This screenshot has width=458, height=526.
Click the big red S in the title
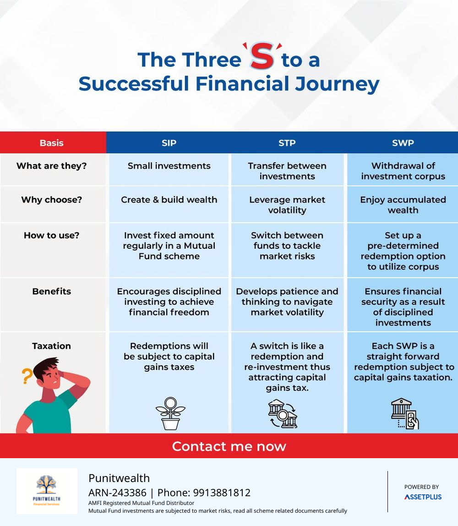pos(262,56)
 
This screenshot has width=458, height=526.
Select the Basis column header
pos(52,143)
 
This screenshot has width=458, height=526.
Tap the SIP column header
pos(169,143)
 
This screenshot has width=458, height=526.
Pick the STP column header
pos(287,143)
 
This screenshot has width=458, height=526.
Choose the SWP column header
pos(403,143)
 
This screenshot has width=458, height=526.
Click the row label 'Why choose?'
pos(52,200)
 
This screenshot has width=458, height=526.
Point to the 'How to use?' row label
pos(52,235)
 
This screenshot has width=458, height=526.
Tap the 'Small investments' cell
pos(169,166)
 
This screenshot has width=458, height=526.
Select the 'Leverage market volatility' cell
pos(287,205)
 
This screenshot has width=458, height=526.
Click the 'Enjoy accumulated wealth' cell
pos(403,205)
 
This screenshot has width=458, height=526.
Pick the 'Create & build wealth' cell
pos(169,200)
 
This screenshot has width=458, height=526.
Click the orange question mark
pos(27,376)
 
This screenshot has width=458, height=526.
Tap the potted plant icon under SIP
pos(170,413)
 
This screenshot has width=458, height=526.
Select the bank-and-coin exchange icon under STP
pos(283,414)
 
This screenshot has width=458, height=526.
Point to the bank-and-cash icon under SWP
pos(405,414)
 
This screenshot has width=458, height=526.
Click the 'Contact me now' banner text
pos(229,446)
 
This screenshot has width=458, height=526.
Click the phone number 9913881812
pos(222,493)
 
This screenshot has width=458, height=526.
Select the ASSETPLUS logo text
pos(423,497)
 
